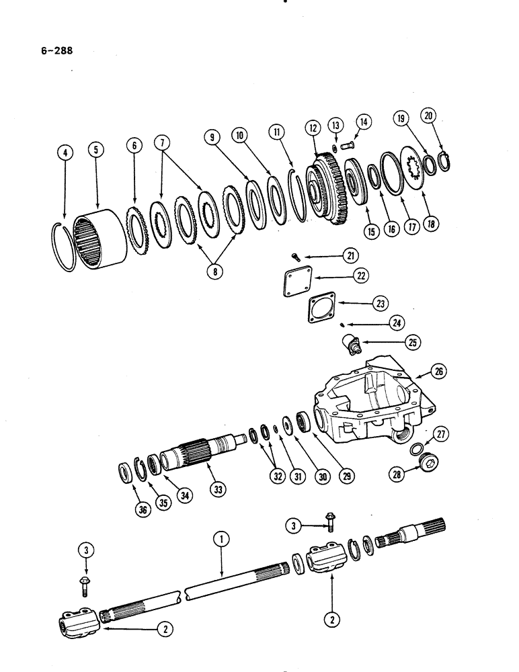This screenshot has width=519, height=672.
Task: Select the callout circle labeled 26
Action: click(439, 370)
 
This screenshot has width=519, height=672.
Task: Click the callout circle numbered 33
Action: click(218, 489)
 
